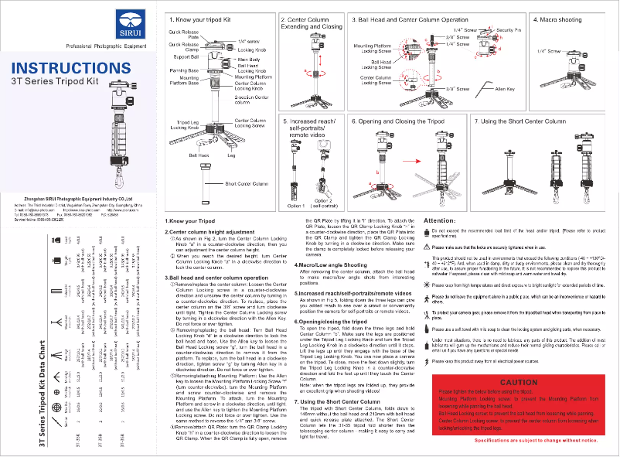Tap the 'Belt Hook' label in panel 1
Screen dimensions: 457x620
coord(199,155)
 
